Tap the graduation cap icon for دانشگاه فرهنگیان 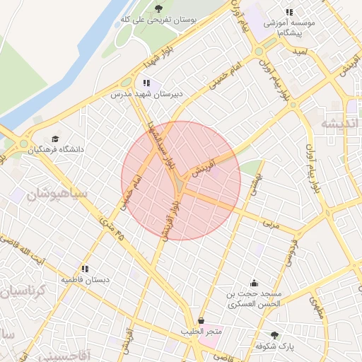(56, 139)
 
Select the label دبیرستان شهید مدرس (146, 93)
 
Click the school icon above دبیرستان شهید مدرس (146, 83)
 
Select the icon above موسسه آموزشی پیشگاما (288, 12)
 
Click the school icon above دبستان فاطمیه (85, 269)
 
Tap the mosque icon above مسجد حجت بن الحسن (254, 283)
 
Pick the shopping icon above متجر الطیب (202, 320)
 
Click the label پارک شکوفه (275, 346)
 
